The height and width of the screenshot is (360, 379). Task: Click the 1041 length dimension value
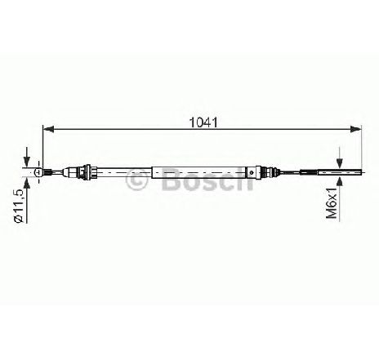(x=203, y=122)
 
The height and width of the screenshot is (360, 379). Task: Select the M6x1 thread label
(x=332, y=202)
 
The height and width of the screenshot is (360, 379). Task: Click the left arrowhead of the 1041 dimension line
(x=49, y=129)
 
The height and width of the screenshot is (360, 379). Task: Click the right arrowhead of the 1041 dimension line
(x=355, y=129)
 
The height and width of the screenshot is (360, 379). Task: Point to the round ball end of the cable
(x=38, y=171)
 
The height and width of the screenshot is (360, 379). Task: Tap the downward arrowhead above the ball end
(x=26, y=162)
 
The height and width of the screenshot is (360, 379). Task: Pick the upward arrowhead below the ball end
(x=26, y=183)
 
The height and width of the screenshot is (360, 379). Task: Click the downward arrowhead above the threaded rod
(x=339, y=162)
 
